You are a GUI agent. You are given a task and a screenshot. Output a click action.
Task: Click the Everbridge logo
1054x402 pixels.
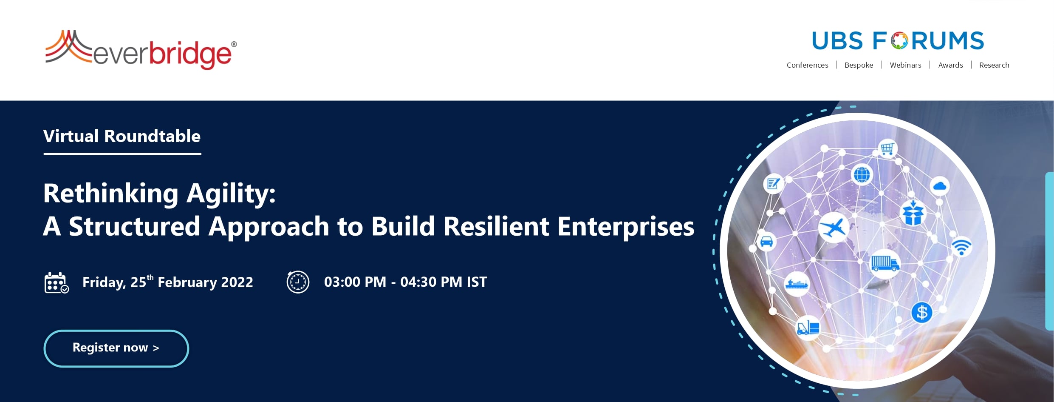[x=141, y=50]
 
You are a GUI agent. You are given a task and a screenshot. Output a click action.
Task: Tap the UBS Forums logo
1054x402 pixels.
[x=898, y=41]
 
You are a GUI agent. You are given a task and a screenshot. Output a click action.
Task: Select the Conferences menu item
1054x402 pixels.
[x=807, y=65]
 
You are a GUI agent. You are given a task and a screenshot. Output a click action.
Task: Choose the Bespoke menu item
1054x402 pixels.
[x=859, y=65]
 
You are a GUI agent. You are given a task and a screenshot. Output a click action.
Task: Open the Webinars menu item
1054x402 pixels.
[x=905, y=65]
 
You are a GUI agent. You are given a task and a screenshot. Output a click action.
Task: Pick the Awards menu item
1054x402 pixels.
[x=950, y=65]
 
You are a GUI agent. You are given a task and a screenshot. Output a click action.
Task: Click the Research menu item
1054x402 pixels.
[x=994, y=65]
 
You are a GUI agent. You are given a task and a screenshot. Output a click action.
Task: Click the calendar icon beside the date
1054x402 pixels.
[x=57, y=283]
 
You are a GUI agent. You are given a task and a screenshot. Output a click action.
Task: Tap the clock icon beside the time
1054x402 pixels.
[x=298, y=282]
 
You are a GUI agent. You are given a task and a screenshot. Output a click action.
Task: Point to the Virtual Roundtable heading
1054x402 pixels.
[x=122, y=136]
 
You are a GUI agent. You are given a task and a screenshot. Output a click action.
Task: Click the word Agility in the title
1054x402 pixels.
[x=231, y=194]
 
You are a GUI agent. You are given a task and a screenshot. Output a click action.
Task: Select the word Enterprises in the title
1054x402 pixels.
[x=626, y=226]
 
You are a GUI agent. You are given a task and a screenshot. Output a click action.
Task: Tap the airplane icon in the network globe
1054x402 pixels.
[x=834, y=228]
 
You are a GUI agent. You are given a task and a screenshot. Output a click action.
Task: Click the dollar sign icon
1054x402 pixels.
[x=922, y=313]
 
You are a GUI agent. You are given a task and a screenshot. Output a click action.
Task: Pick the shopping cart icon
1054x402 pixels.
[x=887, y=148]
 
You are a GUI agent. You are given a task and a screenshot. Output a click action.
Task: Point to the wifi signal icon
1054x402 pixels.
[x=961, y=246]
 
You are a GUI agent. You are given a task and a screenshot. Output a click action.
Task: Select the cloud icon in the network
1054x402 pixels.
[x=940, y=186]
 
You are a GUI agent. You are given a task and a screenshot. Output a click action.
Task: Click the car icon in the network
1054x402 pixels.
[x=766, y=242]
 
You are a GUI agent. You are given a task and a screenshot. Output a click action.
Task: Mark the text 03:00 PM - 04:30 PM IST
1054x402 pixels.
[x=406, y=282]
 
